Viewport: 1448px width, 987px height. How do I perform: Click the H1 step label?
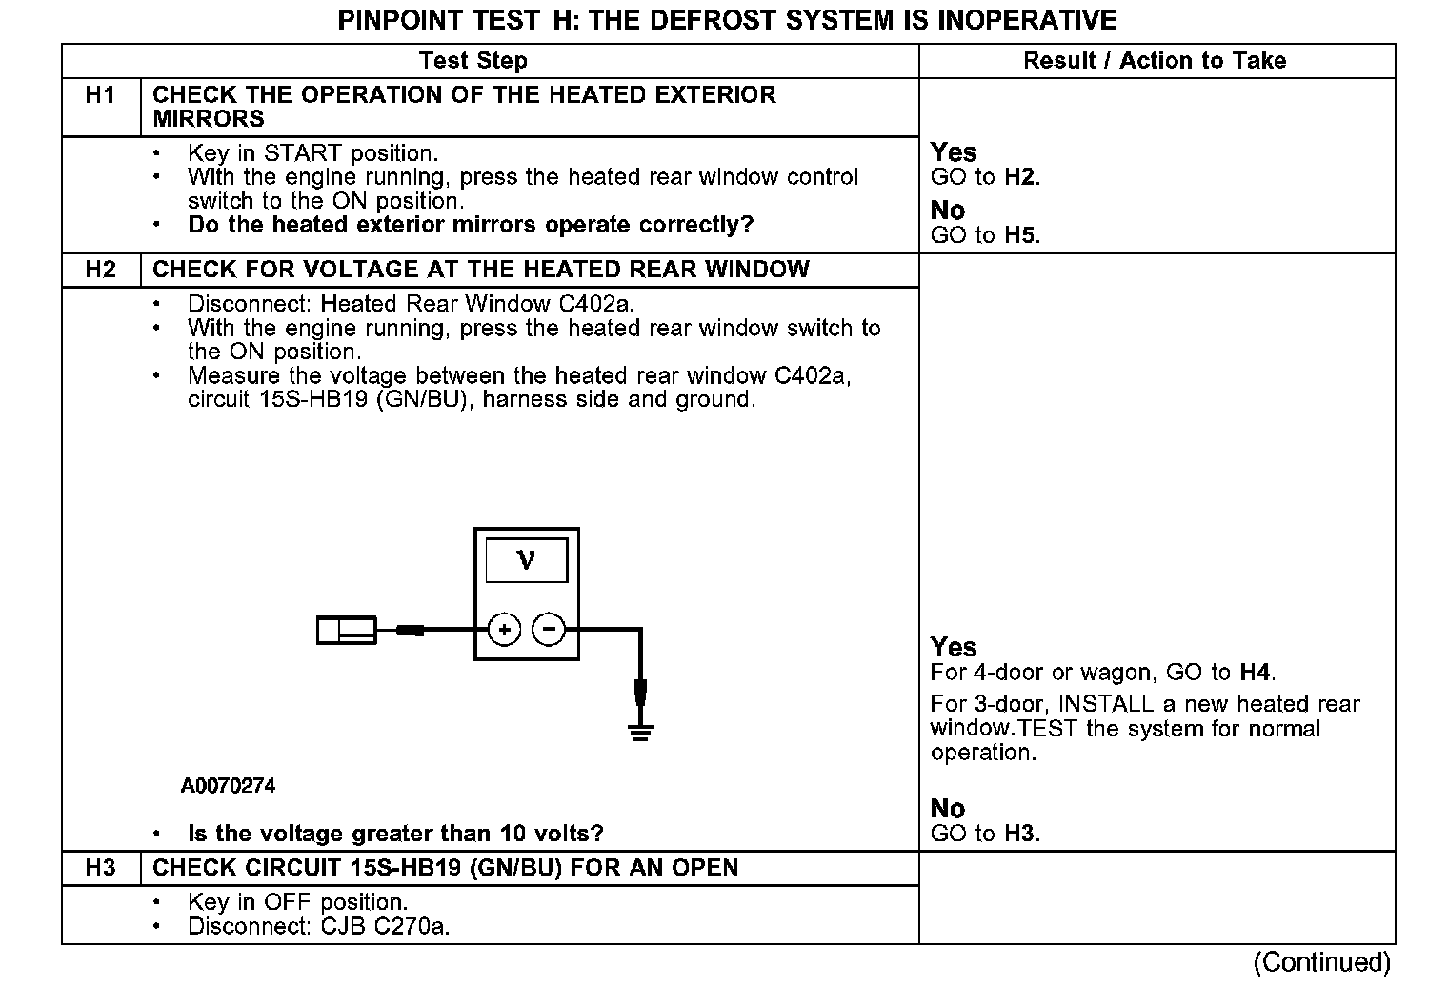tap(100, 95)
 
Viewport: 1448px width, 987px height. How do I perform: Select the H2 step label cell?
tap(100, 270)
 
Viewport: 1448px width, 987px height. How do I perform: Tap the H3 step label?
tap(100, 868)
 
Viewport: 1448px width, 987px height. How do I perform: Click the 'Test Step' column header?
tap(473, 61)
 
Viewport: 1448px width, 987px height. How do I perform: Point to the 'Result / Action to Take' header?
tap(1155, 61)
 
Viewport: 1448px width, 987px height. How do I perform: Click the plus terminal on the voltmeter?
tap(504, 630)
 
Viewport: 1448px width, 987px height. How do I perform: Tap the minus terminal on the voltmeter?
tap(548, 630)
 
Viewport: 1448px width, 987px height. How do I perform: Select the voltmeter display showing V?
tap(526, 560)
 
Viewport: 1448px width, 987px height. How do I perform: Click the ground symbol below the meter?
tap(640, 732)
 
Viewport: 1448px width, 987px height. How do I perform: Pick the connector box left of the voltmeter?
tap(346, 630)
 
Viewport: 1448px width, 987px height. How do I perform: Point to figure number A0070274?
tap(228, 786)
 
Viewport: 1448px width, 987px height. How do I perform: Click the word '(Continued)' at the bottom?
tap(1322, 962)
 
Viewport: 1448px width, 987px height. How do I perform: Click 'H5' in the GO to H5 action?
tap(1020, 235)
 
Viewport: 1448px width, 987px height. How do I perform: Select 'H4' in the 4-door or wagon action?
tap(1256, 673)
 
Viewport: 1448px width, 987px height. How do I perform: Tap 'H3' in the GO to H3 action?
tap(1020, 834)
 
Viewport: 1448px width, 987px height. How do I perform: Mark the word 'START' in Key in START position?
tap(304, 153)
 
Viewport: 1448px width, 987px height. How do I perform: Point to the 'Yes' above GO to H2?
tap(954, 152)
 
